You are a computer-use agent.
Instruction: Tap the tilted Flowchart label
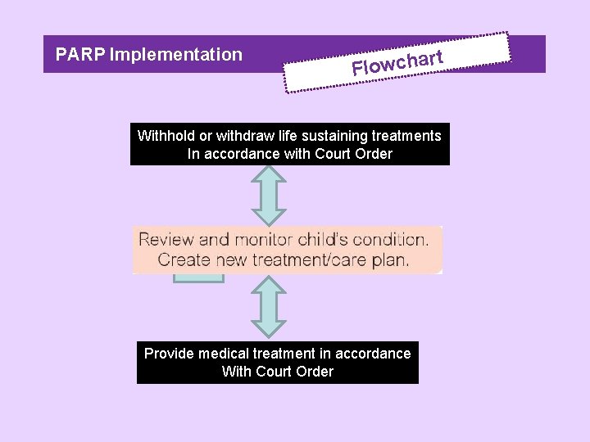click(x=397, y=62)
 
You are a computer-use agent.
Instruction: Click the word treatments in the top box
click(x=406, y=136)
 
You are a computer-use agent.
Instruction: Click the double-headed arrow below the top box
click(x=268, y=196)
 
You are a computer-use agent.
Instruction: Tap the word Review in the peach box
click(x=166, y=240)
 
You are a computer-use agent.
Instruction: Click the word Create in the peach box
click(x=182, y=260)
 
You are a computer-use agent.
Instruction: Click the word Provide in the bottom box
click(x=170, y=354)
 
